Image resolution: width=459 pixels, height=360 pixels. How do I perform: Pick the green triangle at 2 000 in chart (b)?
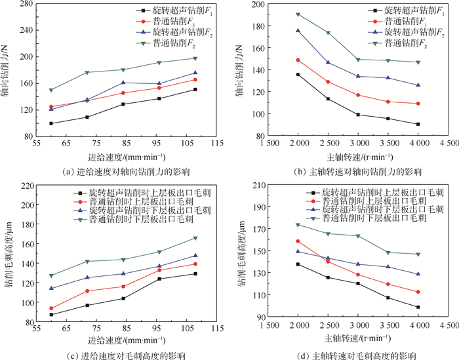pos(298,14)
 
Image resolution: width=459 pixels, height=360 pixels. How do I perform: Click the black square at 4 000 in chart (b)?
pos(418,124)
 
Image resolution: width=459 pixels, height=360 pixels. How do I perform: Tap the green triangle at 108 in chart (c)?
pos(195,238)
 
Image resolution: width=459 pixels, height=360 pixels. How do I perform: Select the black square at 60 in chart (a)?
pos(51,123)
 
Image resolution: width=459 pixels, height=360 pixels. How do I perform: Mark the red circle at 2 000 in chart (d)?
pos(298,241)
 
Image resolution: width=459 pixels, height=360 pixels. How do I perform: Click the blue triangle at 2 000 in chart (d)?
pos(298,251)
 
